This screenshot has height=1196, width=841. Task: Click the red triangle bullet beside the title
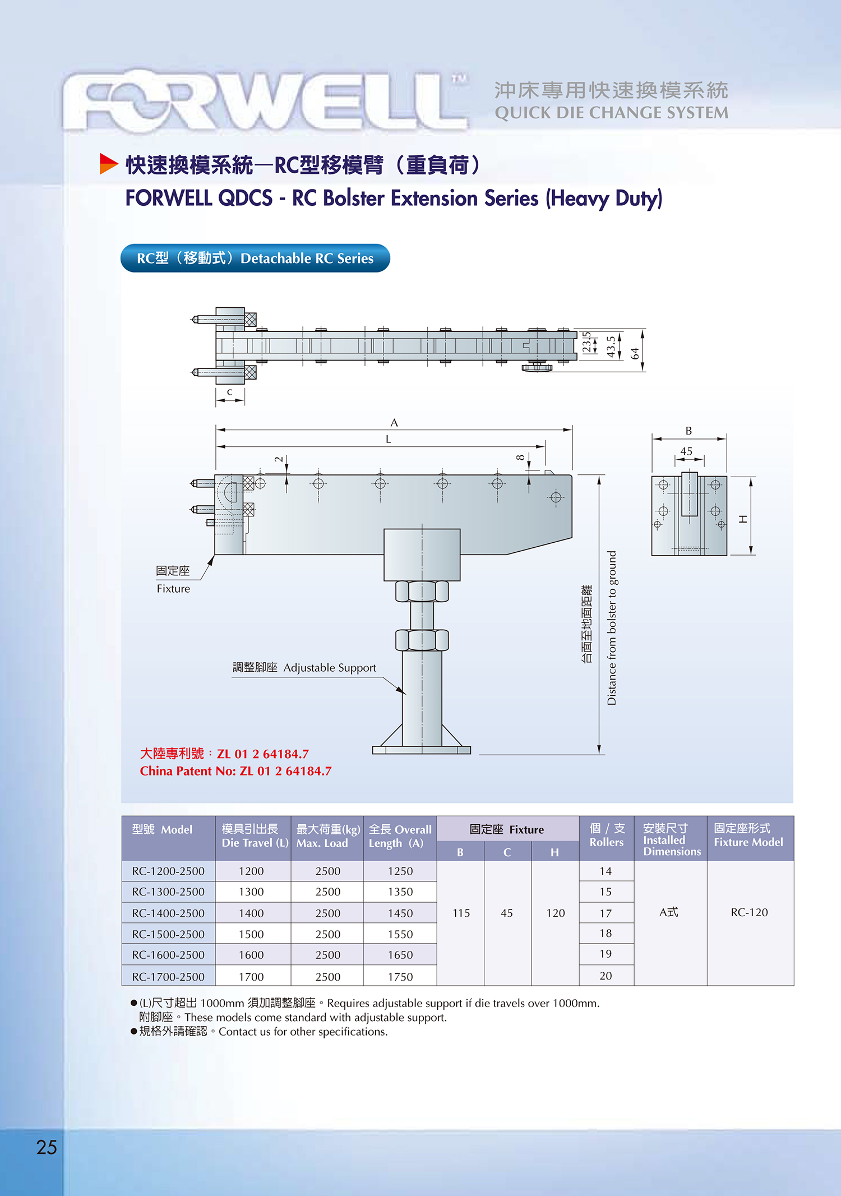(x=108, y=164)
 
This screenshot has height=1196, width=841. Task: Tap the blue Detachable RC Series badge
(x=255, y=258)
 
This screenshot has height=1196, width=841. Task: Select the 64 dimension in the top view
(x=635, y=353)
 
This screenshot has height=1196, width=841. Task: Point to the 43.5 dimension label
(x=611, y=347)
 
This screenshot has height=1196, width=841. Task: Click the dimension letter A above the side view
(x=394, y=422)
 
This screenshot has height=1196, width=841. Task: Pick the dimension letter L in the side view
(x=388, y=439)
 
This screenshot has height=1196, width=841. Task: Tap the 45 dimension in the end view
(x=686, y=451)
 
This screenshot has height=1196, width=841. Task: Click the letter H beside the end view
(x=743, y=519)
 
